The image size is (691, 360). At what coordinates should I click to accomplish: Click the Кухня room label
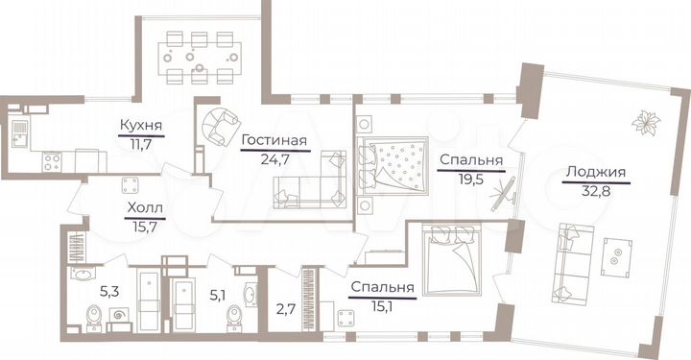(140, 125)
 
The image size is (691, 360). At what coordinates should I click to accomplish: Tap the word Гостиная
(274, 141)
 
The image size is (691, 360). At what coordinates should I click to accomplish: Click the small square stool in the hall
(129, 183)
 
